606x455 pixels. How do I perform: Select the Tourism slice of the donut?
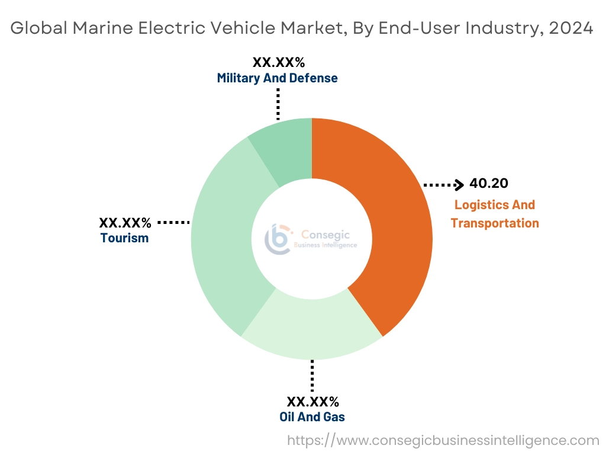point(225,237)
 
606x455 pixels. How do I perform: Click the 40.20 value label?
point(488,184)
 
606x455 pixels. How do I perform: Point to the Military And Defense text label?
point(277,78)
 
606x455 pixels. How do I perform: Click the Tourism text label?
point(124,238)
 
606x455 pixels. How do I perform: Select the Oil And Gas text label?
point(312,416)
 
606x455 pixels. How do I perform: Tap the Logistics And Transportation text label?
point(495,214)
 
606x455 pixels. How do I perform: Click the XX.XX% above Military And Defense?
point(278,62)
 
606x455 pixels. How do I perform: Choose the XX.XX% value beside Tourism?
point(125,223)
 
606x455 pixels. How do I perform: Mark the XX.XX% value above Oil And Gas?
point(312,401)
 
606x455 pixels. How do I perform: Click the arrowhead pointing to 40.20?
point(459,185)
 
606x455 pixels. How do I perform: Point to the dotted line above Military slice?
point(278,104)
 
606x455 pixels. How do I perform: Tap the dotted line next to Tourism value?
point(173,222)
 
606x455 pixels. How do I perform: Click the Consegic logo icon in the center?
point(278,238)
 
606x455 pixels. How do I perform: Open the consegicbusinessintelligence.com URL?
point(443,440)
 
